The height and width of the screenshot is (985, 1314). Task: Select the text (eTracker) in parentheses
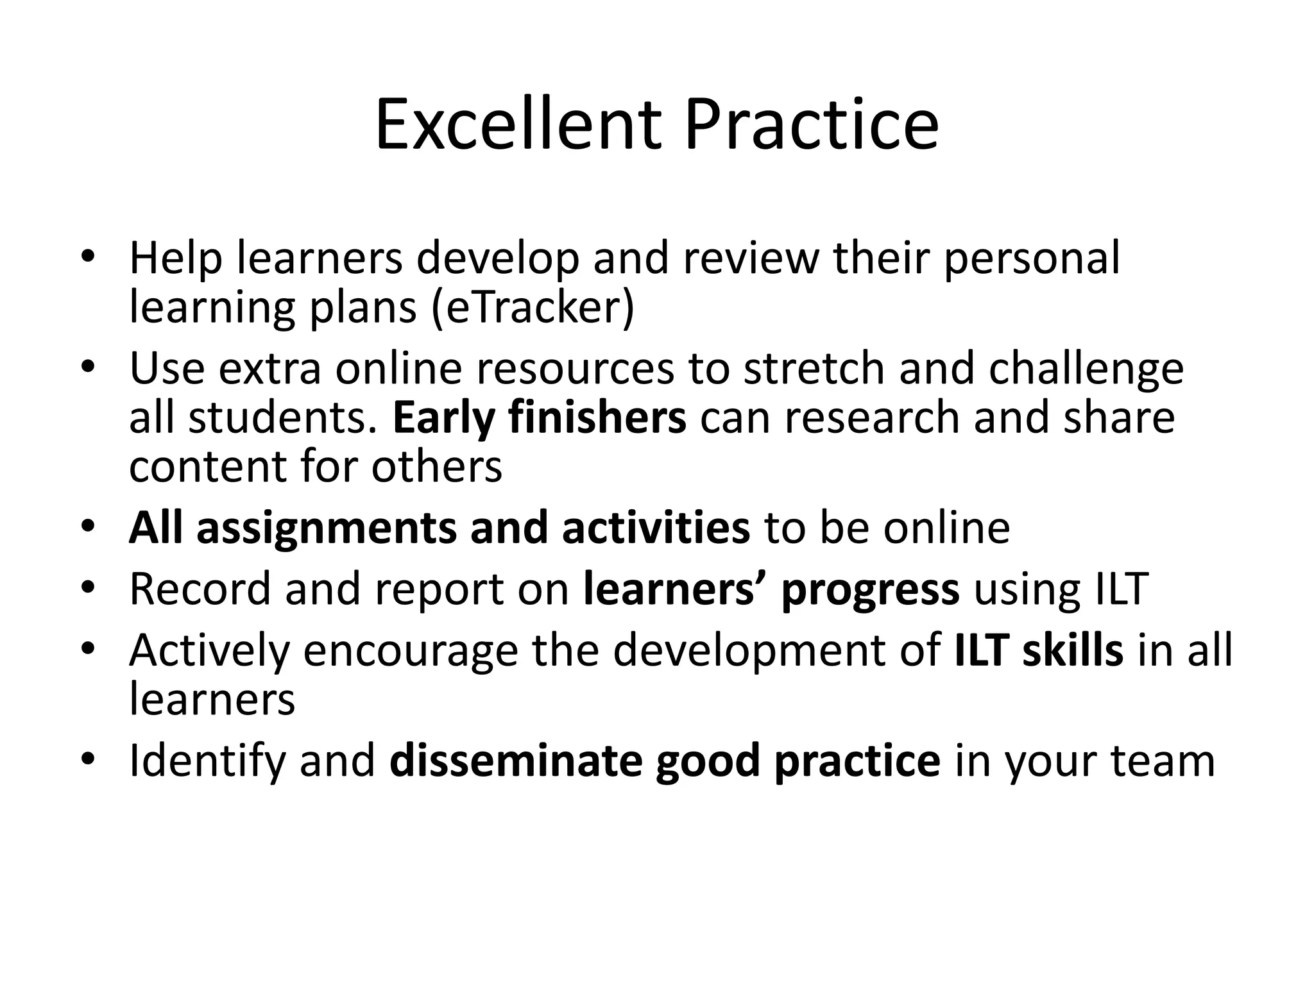tap(533, 308)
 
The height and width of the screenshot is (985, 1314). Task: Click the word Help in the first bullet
tap(176, 258)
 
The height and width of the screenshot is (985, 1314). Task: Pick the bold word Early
tap(443, 418)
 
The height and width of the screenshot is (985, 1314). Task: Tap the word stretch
tap(814, 369)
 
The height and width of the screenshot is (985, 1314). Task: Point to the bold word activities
tap(656, 528)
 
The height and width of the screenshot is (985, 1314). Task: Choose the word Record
tap(200, 589)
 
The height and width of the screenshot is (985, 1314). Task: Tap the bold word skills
tap(1073, 650)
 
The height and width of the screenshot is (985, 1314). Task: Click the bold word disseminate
tap(515, 761)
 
